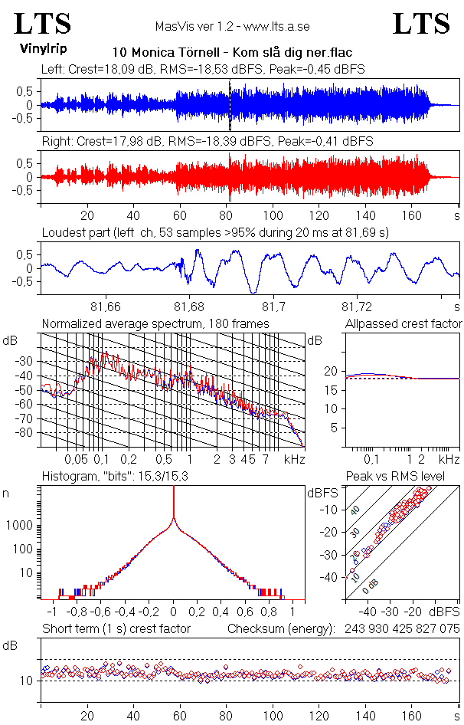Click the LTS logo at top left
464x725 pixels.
[43, 24]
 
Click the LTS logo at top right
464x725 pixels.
[421, 24]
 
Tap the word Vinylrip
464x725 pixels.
[42, 48]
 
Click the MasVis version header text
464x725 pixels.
[232, 27]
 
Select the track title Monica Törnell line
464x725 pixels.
[232, 53]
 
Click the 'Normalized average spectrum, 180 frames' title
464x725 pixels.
[155, 324]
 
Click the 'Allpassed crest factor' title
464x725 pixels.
[404, 324]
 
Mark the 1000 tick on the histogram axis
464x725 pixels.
[22, 526]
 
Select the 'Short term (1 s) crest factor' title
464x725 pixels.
[116, 629]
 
